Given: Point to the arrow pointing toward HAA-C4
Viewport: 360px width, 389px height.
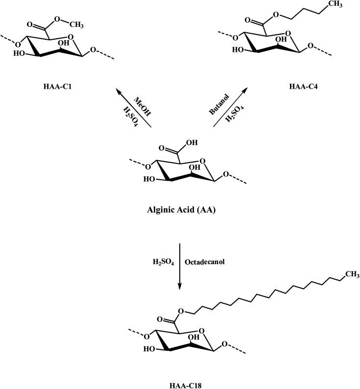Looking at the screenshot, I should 230,107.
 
